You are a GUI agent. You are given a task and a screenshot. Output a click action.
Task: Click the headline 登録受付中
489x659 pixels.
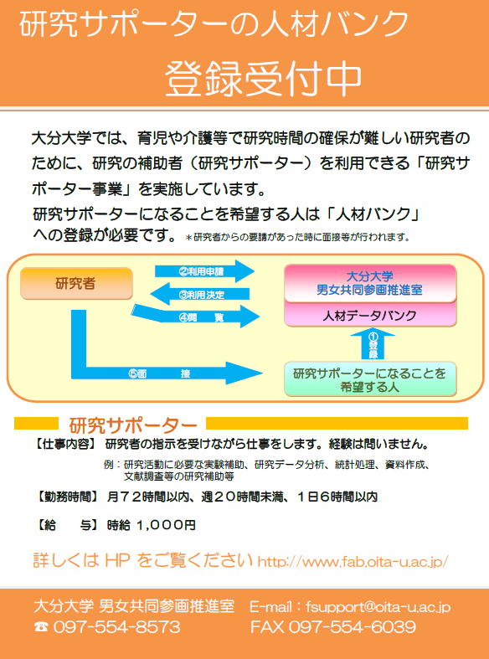click(263, 80)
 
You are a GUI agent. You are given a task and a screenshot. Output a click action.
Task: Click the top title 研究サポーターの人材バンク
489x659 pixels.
click(214, 24)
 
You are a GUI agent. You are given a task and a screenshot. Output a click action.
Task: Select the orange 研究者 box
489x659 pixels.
click(76, 284)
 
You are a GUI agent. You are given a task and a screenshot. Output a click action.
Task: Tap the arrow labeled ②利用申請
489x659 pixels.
click(204, 271)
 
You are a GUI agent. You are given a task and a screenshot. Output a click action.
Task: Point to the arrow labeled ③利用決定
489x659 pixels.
click(200, 294)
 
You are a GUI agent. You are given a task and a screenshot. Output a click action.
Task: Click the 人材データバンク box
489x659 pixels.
click(370, 315)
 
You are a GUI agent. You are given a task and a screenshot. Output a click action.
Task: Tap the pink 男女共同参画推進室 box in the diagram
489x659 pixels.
click(370, 283)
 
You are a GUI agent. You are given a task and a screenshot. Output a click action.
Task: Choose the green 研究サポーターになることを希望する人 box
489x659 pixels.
click(370, 379)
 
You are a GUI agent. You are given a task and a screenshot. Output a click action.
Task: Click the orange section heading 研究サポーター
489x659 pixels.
click(132, 425)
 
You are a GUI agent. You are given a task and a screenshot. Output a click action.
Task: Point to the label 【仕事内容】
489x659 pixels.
click(64, 445)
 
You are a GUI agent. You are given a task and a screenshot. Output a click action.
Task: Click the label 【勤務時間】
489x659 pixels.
click(66, 497)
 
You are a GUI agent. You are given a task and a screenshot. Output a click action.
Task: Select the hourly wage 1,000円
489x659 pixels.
click(166, 525)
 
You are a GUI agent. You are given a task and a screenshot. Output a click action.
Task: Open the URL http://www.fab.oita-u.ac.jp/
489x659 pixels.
click(353, 562)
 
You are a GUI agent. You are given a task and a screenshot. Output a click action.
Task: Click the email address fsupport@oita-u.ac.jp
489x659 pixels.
click(378, 607)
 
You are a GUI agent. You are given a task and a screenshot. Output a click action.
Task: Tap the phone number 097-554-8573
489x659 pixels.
click(116, 627)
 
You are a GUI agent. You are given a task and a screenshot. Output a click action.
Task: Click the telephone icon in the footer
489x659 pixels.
click(41, 627)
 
